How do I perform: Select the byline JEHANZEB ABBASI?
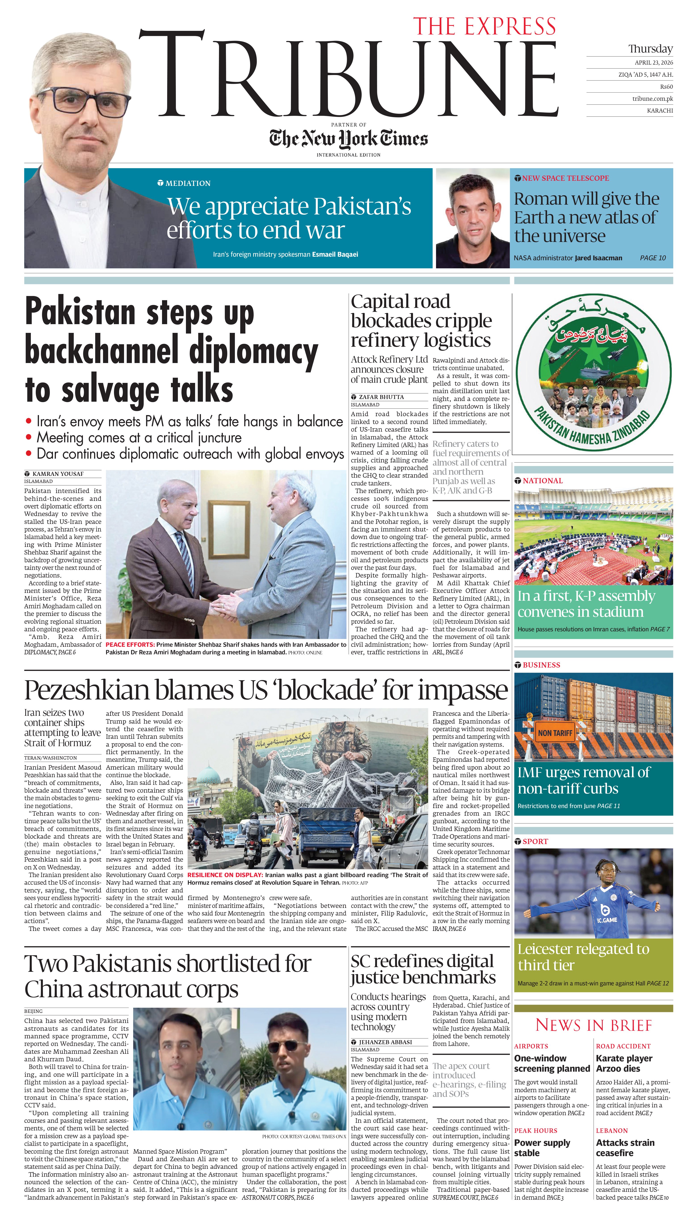coord(385,1042)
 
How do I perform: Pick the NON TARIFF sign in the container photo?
coord(555,733)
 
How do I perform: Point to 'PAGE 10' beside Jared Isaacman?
coord(653,258)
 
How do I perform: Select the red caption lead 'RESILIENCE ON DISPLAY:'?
coord(225,875)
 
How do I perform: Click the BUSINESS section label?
coord(541,665)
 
